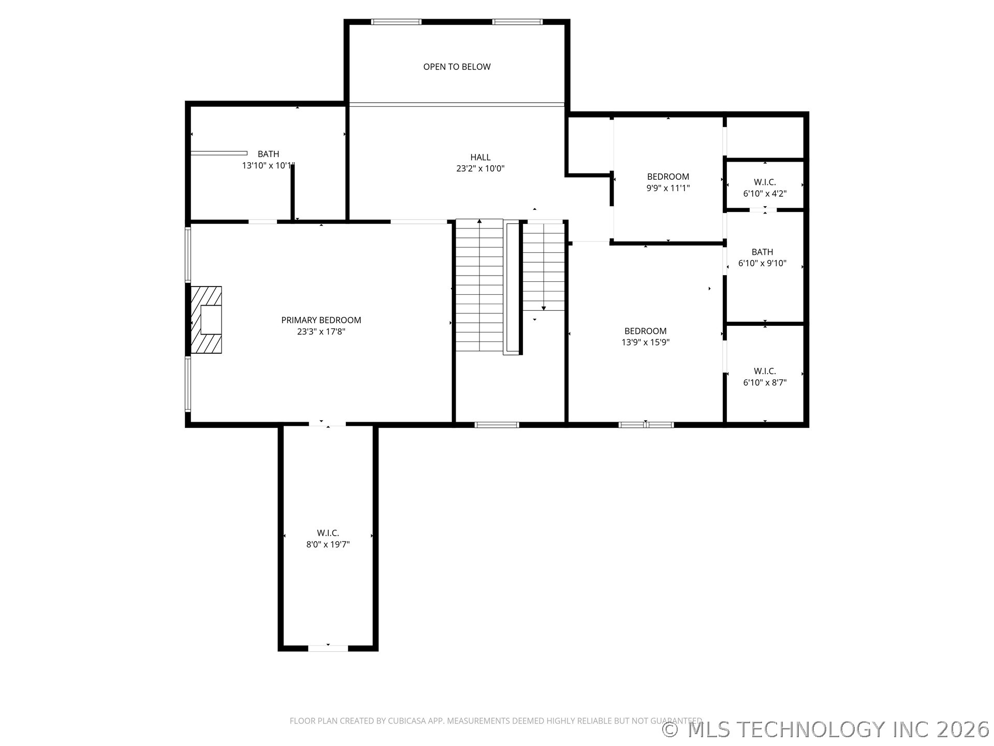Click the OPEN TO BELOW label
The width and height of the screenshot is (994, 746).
[x=457, y=67]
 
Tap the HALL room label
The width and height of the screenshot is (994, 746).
[x=480, y=157]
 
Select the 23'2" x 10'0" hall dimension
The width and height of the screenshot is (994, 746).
[x=480, y=168]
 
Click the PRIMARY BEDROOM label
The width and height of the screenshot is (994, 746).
[x=321, y=320]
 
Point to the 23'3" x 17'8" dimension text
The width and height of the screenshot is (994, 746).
[x=321, y=332]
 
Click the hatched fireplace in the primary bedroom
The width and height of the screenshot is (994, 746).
[x=207, y=320]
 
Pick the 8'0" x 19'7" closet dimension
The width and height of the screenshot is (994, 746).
[x=328, y=544]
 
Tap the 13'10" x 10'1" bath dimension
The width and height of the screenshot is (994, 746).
[x=268, y=166]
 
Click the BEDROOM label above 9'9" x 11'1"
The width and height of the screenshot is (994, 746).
[x=668, y=177]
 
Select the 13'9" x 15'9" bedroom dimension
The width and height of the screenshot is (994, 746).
[x=646, y=342]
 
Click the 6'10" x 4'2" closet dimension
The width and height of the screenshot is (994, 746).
[x=765, y=194]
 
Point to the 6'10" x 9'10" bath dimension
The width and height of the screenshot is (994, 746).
[x=762, y=263]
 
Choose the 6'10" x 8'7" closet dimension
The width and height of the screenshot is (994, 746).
[x=765, y=383]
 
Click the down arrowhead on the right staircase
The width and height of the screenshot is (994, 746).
[x=544, y=308]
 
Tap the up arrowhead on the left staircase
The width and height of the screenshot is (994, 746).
[x=479, y=222]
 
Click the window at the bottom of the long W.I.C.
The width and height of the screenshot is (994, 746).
[x=328, y=648]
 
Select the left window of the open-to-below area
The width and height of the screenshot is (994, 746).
[x=396, y=22]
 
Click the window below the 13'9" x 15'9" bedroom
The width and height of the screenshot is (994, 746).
[x=646, y=425]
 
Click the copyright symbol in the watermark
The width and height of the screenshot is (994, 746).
[x=670, y=730]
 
